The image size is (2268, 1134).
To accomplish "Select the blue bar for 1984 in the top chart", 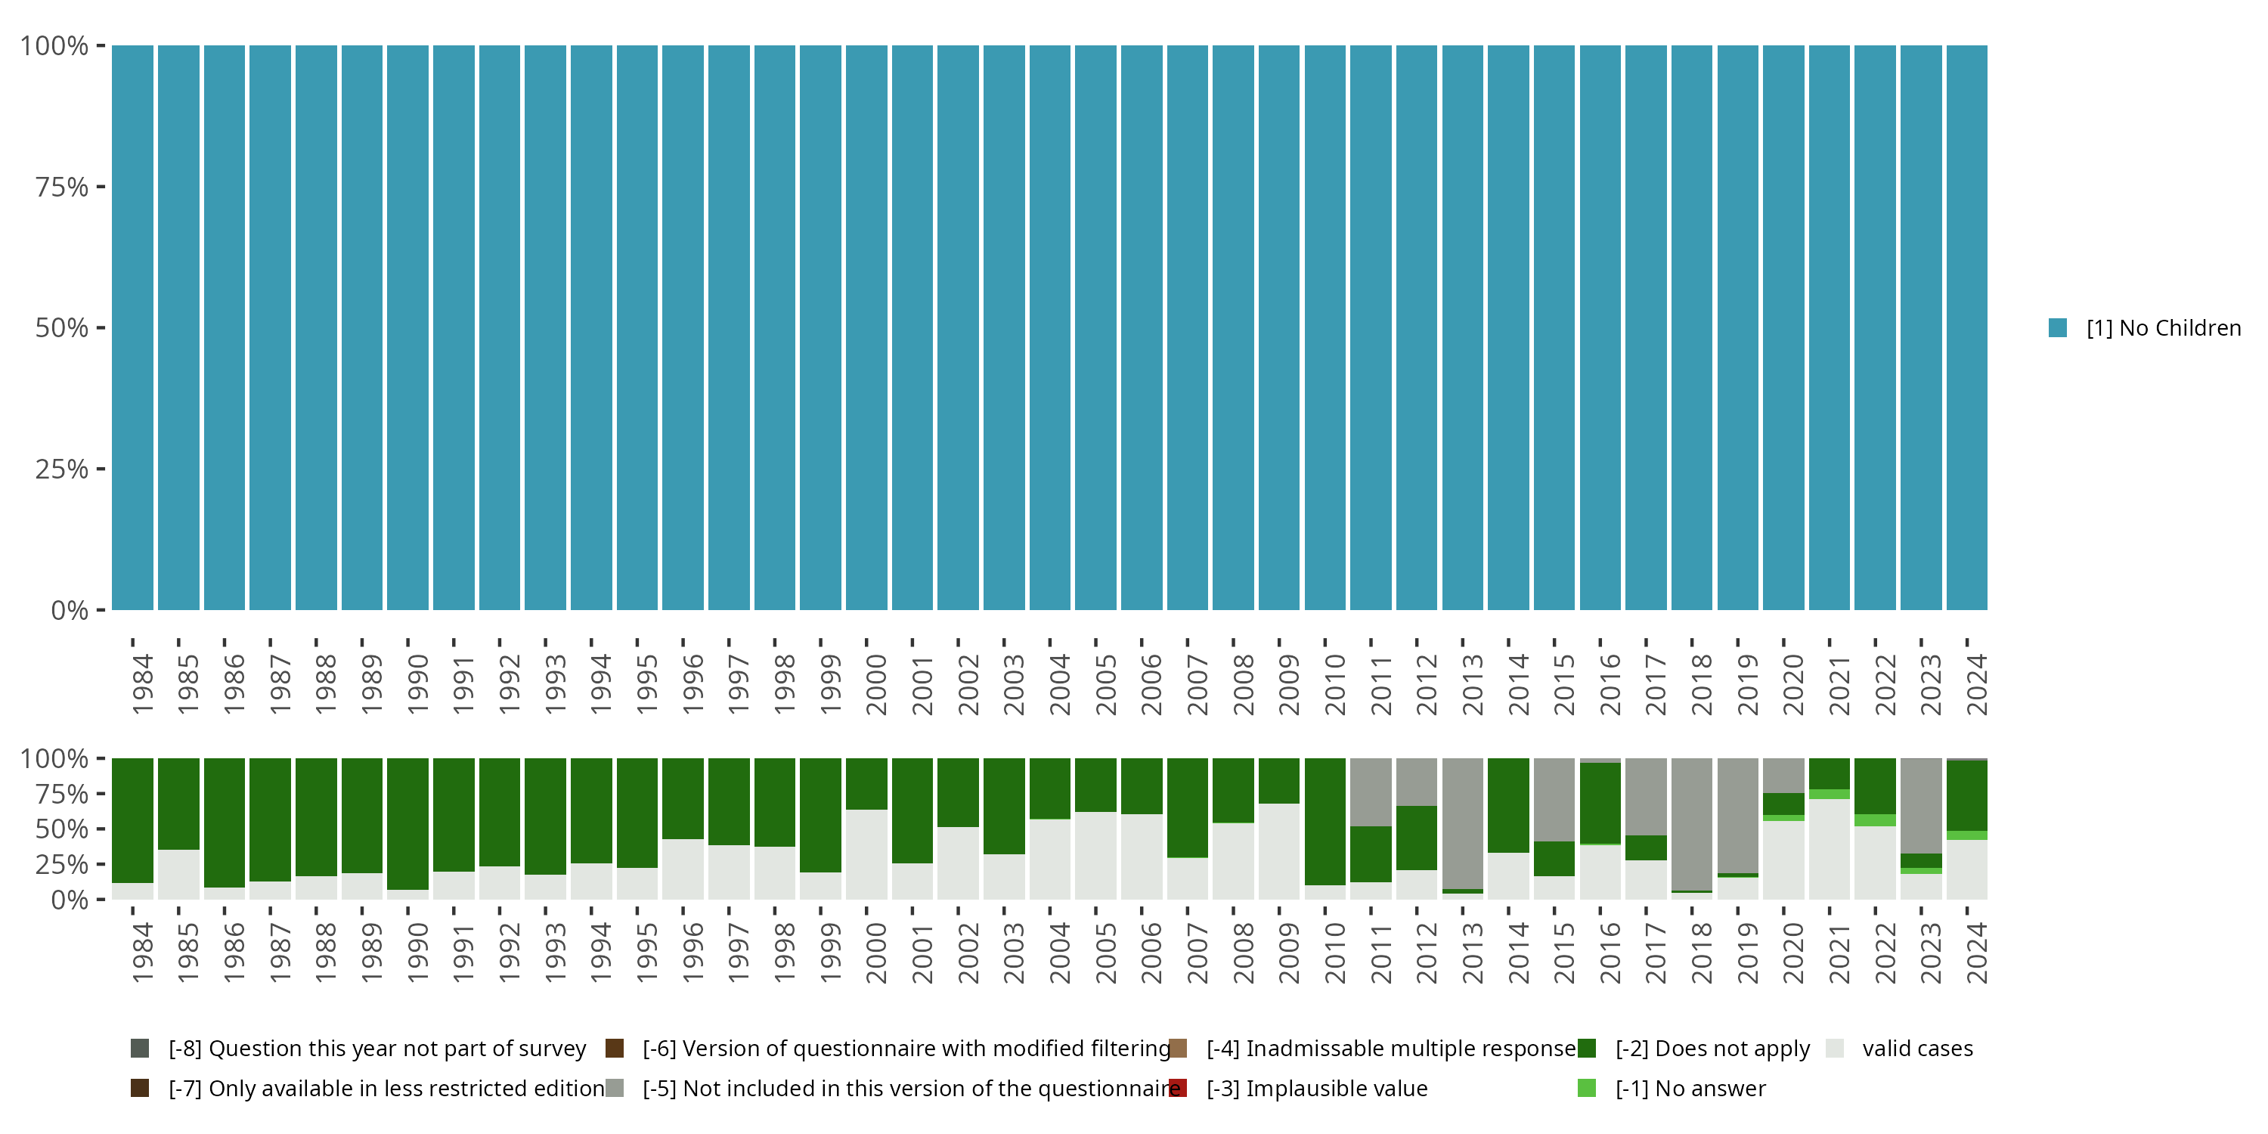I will tap(132, 327).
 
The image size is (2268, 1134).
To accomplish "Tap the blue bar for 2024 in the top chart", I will tap(1966, 327).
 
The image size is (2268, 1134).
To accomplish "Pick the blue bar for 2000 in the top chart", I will tap(866, 327).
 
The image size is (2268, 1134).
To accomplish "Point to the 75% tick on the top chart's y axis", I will tap(101, 187).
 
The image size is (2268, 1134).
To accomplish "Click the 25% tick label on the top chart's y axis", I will tap(62, 469).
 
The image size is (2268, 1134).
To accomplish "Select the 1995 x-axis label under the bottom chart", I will tap(646, 953).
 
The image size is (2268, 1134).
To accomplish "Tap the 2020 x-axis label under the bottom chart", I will tap(1792, 953).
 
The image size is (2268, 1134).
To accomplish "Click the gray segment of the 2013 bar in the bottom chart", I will tap(1462, 823).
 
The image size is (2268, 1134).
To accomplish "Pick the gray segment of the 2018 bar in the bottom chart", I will tap(1691, 823).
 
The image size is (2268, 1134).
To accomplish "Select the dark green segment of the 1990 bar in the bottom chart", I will tap(407, 823).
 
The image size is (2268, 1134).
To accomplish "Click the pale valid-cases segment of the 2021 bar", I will tap(1830, 849).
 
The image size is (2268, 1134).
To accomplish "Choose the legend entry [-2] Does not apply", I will tap(1712, 1049).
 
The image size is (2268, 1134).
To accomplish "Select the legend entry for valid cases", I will tap(1916, 1049).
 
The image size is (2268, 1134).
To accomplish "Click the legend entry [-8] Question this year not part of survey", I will tap(376, 1049).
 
